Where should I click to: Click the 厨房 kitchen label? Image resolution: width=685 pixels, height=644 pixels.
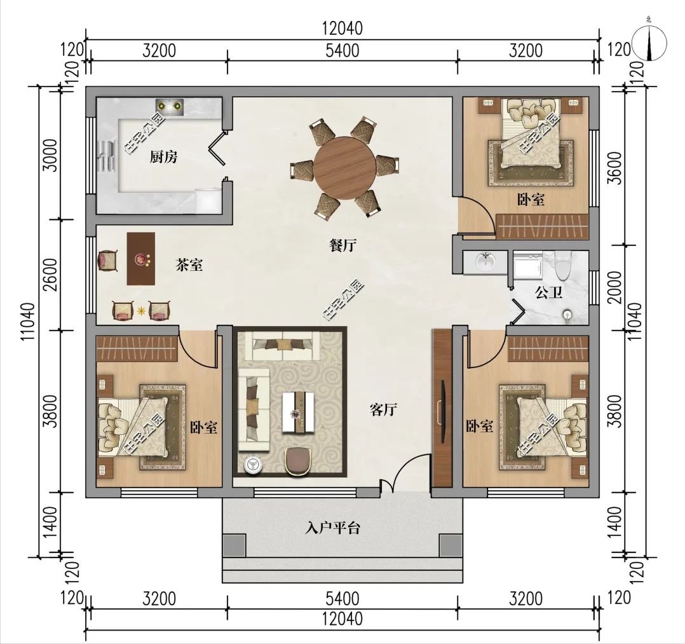coord(164,156)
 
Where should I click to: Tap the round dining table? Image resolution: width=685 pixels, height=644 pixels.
coord(344,166)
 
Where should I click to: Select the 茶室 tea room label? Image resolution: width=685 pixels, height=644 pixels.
coord(189,264)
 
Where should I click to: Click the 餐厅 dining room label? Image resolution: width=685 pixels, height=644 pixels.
coord(342,245)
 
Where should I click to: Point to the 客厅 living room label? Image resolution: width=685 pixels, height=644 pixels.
coord(383,410)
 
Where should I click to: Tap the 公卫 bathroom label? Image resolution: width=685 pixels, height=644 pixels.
coord(549,292)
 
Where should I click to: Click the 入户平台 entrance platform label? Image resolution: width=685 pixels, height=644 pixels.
coord(333,528)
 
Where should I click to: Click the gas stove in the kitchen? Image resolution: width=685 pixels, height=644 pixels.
coord(170,106)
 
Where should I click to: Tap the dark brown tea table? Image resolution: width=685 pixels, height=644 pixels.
coord(140,259)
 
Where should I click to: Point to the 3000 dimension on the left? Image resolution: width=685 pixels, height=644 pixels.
coord(51,155)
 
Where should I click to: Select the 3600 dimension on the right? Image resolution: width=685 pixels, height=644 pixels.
coord(616,168)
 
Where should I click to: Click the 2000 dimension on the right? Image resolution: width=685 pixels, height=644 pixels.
coord(616,287)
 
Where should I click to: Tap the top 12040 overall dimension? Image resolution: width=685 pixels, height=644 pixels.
coord(342,29)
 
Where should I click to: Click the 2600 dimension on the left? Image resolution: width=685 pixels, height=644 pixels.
coord(51,275)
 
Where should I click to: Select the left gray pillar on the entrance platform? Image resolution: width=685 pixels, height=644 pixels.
coord(234,545)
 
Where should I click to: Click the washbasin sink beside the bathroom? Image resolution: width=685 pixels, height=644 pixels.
coord(485,262)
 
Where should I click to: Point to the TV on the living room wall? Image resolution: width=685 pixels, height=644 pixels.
coord(442,408)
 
